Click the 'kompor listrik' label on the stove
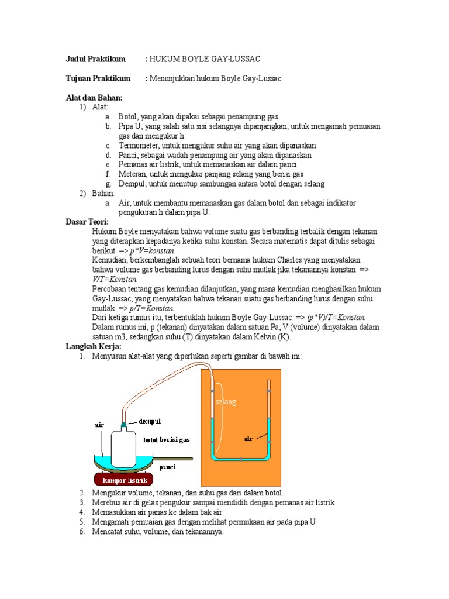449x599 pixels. [x=127, y=480]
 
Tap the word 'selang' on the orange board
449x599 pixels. [x=226, y=402]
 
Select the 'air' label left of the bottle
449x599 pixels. [x=99, y=425]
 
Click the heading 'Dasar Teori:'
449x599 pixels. [x=87, y=222]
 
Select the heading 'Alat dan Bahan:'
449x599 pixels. [x=94, y=97]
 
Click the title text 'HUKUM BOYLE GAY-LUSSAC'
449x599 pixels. [x=205, y=59]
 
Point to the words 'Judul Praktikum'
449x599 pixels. [x=95, y=59]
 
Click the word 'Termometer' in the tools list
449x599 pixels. [x=138, y=145]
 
